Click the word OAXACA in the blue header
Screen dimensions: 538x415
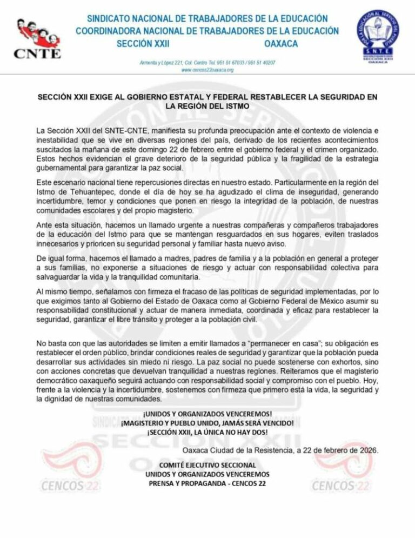click(x=281, y=44)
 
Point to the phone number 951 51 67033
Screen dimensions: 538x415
click(x=231, y=63)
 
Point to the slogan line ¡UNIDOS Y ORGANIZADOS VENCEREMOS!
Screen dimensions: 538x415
click(x=207, y=414)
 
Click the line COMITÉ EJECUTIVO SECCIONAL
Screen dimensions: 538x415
click(x=207, y=465)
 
